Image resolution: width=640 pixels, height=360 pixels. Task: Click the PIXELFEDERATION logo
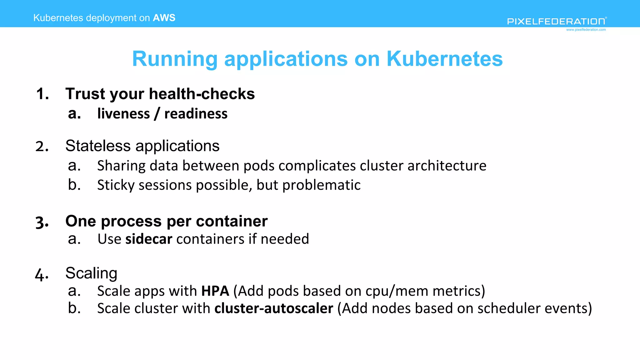pyautogui.click(x=557, y=21)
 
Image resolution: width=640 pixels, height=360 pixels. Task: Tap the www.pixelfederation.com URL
pyautogui.click(x=586, y=30)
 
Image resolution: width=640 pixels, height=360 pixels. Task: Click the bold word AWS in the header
pyautogui.click(x=164, y=18)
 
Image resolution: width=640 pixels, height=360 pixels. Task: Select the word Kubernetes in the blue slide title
pyautogui.click(x=444, y=59)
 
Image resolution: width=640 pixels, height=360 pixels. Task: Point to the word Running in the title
pyautogui.click(x=175, y=59)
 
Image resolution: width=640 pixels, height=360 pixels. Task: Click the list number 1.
pyautogui.click(x=42, y=94)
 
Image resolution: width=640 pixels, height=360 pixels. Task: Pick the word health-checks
pyautogui.click(x=202, y=94)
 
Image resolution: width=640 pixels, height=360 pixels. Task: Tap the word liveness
pyautogui.click(x=123, y=114)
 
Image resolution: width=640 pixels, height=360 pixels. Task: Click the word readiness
pyautogui.click(x=196, y=114)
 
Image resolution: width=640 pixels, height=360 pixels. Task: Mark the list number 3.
pyautogui.click(x=42, y=222)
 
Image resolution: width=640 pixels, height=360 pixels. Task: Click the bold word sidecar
pyautogui.click(x=149, y=239)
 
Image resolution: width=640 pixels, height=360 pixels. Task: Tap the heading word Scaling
pyautogui.click(x=91, y=273)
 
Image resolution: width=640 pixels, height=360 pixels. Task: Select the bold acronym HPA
pyautogui.click(x=215, y=291)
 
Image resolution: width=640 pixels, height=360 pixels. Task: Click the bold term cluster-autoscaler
pyautogui.click(x=274, y=308)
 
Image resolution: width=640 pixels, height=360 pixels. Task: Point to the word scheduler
pyautogui.click(x=509, y=308)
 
